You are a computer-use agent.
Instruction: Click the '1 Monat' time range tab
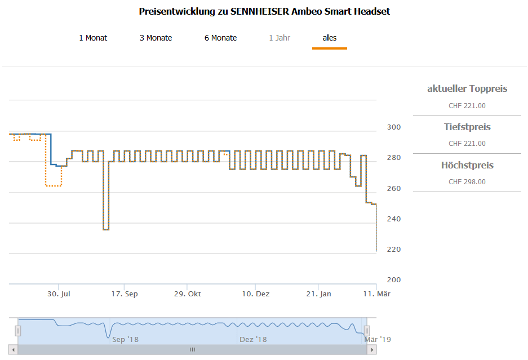[x=93, y=38]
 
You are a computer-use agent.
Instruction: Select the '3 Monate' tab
[x=156, y=38]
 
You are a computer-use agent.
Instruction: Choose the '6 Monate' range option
[x=220, y=38]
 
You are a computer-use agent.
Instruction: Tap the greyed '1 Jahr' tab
[x=279, y=38]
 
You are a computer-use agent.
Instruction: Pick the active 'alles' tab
[x=330, y=38]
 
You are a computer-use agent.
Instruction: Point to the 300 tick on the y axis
[x=394, y=127]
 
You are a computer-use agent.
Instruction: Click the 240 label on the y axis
[x=394, y=219]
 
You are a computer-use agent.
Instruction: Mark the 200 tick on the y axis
[x=394, y=280]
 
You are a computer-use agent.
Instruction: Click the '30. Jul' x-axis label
[x=59, y=294]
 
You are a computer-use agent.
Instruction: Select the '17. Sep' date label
[x=124, y=294]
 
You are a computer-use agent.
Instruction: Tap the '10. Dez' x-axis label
[x=255, y=294]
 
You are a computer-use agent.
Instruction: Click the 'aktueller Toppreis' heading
[x=467, y=88]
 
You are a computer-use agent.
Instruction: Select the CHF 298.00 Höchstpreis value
[x=467, y=182]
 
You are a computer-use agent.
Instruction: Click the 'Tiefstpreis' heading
[x=467, y=127]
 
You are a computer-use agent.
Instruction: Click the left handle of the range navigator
[x=18, y=331]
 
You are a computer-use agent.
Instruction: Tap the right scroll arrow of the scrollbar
[x=371, y=350]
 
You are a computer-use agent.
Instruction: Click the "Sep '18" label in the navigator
[x=125, y=339]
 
